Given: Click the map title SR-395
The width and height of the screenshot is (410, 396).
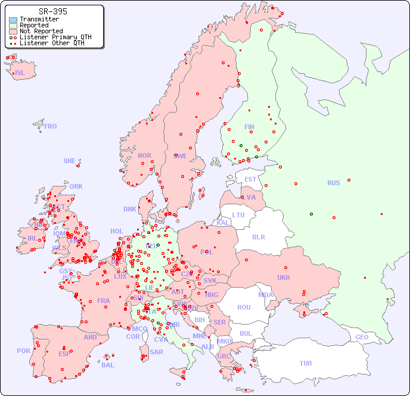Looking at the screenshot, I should pos(52,11).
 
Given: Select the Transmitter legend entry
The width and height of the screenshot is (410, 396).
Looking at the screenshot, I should pos(39,20).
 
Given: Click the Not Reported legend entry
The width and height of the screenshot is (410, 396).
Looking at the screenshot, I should pos(41,31).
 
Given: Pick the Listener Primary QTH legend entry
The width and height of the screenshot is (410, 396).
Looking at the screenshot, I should pos(55,37).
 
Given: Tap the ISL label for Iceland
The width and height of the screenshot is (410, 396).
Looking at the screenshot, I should pos(20,73).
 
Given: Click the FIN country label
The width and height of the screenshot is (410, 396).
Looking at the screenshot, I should pos(249,127).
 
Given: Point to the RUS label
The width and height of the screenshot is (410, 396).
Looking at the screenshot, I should pos(333,183).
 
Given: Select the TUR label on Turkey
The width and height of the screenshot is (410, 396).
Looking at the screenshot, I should pos(306,363).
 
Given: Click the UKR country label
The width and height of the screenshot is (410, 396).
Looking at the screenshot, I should pos(284,277).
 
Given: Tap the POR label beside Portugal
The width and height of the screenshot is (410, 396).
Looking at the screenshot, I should pos(23,351).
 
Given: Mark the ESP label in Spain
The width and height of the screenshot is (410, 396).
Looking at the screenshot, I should pos(64,353).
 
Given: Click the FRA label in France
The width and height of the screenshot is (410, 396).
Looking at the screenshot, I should pos(104,301).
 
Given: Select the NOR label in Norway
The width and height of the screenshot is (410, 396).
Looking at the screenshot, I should pos(144,155).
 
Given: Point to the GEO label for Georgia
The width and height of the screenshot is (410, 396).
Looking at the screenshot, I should pos(362,337).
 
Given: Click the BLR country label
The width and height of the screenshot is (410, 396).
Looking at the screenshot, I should pos(258,236).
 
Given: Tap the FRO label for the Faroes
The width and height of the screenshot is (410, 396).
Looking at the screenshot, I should pos(51,126).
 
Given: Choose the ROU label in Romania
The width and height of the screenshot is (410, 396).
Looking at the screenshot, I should pos(244,307).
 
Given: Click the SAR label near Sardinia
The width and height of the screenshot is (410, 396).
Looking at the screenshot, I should pos(156,352).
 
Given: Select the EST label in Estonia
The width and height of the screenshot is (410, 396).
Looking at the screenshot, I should pos(250,179).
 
